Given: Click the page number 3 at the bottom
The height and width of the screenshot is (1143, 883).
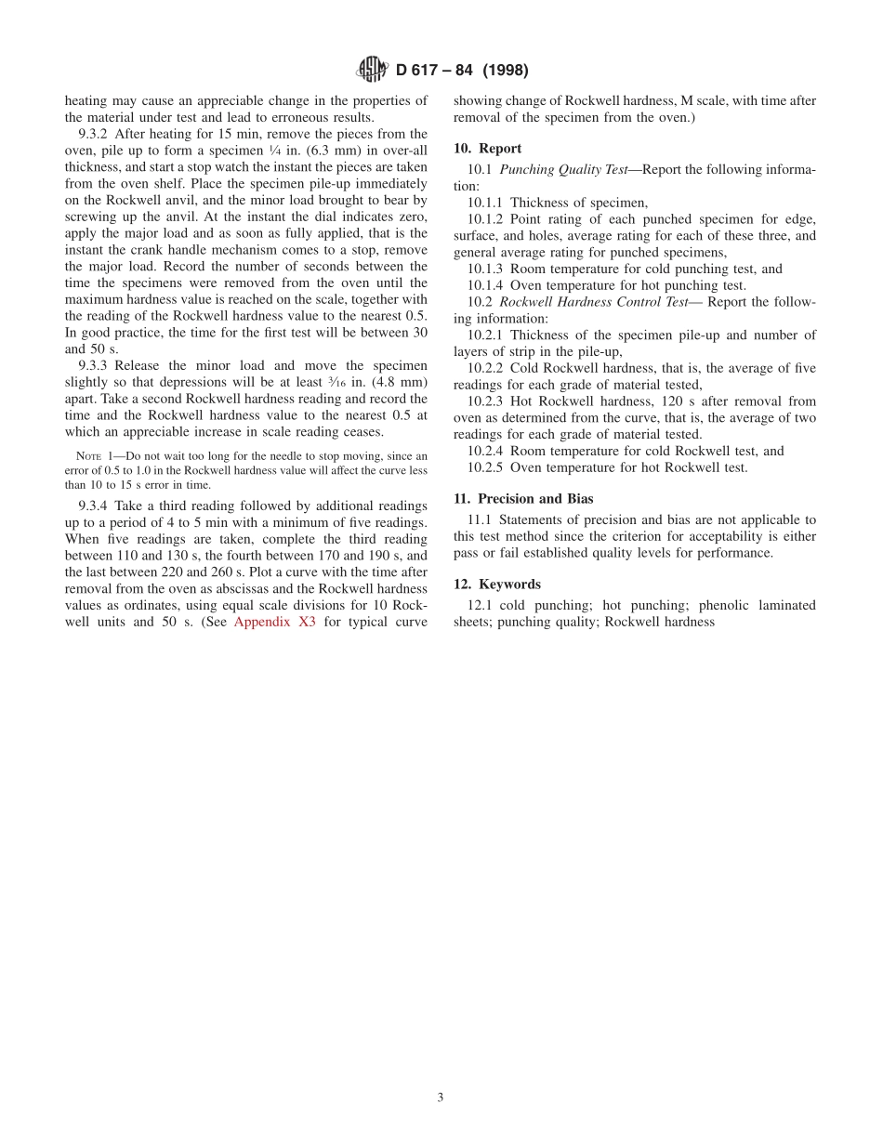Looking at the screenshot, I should pyautogui.click(x=441, y=1097).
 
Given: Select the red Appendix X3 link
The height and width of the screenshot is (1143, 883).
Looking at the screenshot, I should pyautogui.click(x=274, y=622).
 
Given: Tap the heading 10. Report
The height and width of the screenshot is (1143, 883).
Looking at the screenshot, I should pyautogui.click(x=487, y=149).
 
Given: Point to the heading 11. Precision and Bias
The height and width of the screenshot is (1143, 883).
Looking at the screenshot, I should pyautogui.click(x=522, y=499).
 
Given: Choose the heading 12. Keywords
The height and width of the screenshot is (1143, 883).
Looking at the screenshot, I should pyautogui.click(x=496, y=585).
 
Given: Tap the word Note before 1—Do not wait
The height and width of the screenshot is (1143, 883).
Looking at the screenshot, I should pyautogui.click(x=88, y=456).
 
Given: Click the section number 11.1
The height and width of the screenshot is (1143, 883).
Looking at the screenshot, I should pyautogui.click(x=478, y=520).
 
